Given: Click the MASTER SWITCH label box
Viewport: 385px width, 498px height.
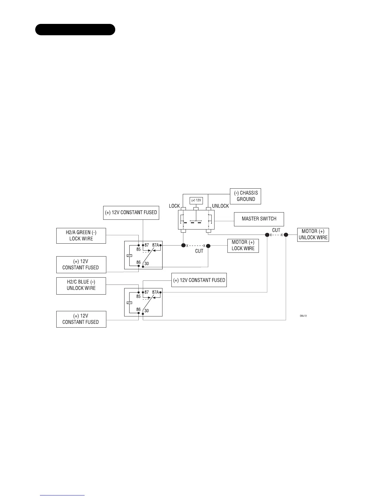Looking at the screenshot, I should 259,219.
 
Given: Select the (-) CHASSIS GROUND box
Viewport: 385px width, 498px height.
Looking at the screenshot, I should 245,196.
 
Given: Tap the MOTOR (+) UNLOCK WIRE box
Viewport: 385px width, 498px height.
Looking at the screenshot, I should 313,235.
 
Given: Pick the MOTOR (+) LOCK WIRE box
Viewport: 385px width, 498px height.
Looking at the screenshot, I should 243,246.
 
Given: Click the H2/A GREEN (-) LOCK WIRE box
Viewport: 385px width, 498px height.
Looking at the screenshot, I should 81,235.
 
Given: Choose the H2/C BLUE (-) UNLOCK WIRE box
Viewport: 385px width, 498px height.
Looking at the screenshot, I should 81,285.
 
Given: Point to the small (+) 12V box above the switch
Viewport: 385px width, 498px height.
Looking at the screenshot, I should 196,200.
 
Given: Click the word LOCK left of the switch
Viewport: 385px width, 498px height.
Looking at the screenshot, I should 174,206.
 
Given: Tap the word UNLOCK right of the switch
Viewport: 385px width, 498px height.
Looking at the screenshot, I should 220,206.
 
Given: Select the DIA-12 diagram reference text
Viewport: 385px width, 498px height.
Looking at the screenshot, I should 303,315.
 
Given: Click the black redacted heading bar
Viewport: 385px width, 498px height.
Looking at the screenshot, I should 75,30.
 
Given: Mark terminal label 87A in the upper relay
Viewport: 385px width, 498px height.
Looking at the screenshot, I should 155,245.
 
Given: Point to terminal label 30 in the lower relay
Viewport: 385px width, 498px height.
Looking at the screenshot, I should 147,311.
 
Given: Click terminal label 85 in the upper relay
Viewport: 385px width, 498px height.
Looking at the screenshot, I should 138,249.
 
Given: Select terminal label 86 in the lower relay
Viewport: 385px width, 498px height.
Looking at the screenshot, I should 138,309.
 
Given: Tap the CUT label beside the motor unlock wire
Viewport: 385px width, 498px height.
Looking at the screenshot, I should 276,230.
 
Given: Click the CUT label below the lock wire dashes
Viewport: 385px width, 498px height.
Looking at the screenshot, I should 199,251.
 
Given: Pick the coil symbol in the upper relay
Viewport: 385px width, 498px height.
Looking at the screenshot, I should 129,255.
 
